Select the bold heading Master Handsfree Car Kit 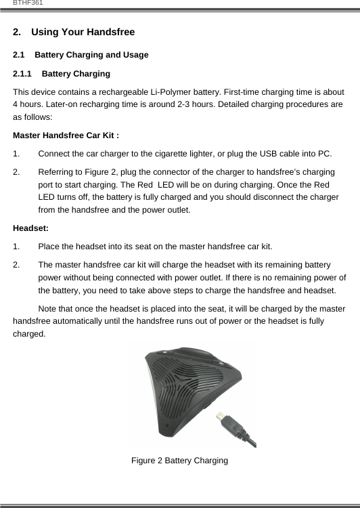point(66,135)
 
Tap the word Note point(49,309)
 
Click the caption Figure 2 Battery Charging point(179,461)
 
